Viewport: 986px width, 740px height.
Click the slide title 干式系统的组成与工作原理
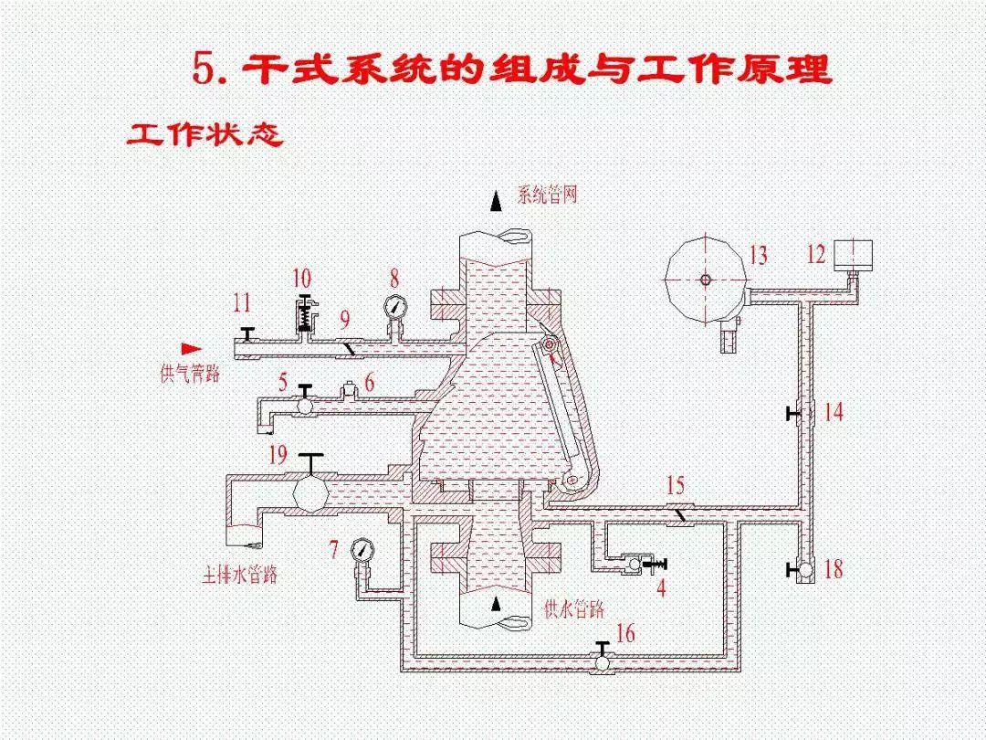511,69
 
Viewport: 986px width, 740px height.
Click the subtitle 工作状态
205,134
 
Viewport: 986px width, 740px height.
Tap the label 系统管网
548,195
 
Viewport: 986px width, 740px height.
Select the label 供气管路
189,374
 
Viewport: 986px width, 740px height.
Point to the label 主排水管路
239,576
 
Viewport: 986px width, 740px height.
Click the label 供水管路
573,608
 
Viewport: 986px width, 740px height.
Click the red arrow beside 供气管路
191,348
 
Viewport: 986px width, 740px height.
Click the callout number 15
675,485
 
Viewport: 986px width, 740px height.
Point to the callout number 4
661,588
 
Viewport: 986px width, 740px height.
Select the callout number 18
833,570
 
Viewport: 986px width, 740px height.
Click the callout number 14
834,412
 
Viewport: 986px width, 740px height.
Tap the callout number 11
241,302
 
